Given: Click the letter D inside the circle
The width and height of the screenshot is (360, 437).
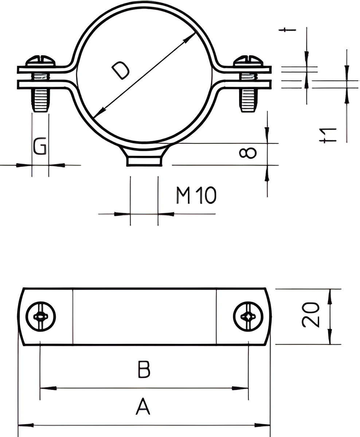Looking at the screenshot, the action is (x=121, y=70).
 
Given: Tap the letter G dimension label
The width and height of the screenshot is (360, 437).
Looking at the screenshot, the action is (x=40, y=146).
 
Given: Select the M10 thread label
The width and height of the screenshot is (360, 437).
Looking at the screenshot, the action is (x=196, y=195).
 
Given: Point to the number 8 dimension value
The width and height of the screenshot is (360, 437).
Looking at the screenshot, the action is (x=248, y=153).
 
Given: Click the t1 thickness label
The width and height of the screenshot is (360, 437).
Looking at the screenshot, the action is (x=328, y=135).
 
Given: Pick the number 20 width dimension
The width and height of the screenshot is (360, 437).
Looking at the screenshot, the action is (x=311, y=315).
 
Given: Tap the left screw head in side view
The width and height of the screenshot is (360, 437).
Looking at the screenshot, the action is (x=41, y=60).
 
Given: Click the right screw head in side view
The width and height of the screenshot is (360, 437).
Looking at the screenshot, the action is (x=249, y=60).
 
